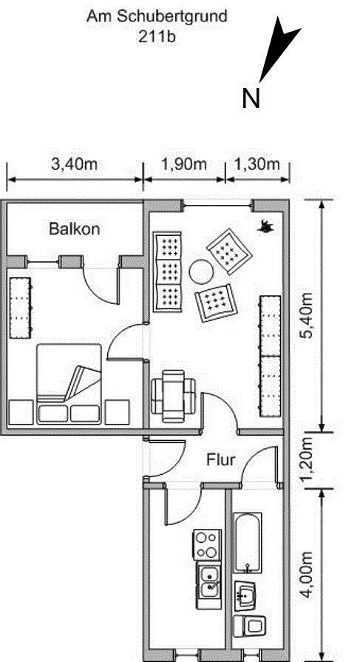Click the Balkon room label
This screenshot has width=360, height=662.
74,229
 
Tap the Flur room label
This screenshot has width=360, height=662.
220,460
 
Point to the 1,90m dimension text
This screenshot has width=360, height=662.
184,164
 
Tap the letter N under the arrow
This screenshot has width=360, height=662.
251,98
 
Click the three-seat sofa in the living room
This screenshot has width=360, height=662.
167,271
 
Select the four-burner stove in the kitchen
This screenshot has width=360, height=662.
206,544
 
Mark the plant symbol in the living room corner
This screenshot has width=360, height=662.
264,226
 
